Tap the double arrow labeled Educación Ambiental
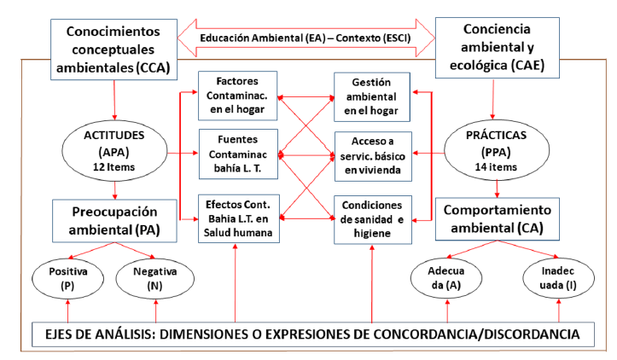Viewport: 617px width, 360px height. click(306, 38)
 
